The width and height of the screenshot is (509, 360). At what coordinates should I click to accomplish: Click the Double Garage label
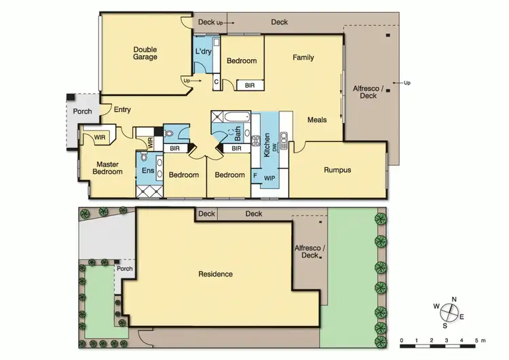(x=145, y=53)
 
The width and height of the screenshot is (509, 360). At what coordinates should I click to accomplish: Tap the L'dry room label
(x=203, y=52)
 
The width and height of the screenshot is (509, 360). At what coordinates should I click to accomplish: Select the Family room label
(x=303, y=58)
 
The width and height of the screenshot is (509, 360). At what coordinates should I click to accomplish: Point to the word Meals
(x=317, y=120)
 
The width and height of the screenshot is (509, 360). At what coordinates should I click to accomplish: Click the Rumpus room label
(x=337, y=170)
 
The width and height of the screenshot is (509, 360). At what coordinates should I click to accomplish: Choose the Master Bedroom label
(x=109, y=168)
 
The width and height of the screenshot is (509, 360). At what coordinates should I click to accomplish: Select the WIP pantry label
(x=269, y=177)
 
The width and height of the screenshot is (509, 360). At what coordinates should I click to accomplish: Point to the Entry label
(x=123, y=110)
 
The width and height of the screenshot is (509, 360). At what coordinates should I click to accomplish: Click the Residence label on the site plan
(x=215, y=274)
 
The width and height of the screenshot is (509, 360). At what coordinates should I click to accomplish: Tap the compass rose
(x=448, y=312)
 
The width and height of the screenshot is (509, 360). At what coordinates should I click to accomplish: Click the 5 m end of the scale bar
(x=477, y=340)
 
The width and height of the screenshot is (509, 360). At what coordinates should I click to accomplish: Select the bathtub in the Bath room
(x=231, y=116)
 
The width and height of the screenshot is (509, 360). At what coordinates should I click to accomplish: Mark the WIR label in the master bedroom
(x=100, y=138)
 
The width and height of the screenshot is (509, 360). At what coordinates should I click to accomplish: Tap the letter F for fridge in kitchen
(x=255, y=175)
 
